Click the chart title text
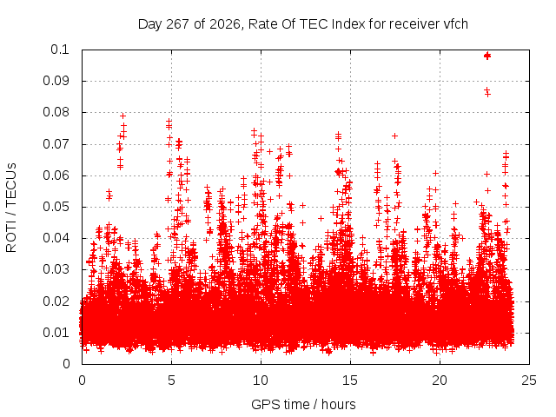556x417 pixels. point(303,24)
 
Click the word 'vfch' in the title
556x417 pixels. point(455,24)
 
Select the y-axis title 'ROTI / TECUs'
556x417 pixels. point(11,208)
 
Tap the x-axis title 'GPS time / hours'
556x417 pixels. point(303,404)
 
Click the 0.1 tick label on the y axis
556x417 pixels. point(60,50)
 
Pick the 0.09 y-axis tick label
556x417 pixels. point(56,81)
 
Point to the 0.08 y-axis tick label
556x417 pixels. point(56,112)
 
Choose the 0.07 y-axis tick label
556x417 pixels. point(56,144)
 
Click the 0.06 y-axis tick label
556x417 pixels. point(56,175)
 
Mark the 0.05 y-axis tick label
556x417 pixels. point(56,207)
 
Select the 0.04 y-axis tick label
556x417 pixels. point(56,238)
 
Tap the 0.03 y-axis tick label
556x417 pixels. point(56,269)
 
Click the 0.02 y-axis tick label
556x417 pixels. point(56,301)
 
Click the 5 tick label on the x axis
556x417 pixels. point(171,381)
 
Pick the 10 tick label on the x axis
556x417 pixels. point(261,381)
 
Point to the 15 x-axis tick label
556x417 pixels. point(350,381)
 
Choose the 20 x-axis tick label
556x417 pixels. point(440,381)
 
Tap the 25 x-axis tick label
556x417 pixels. point(529,381)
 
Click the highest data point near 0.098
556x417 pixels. point(487,56)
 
